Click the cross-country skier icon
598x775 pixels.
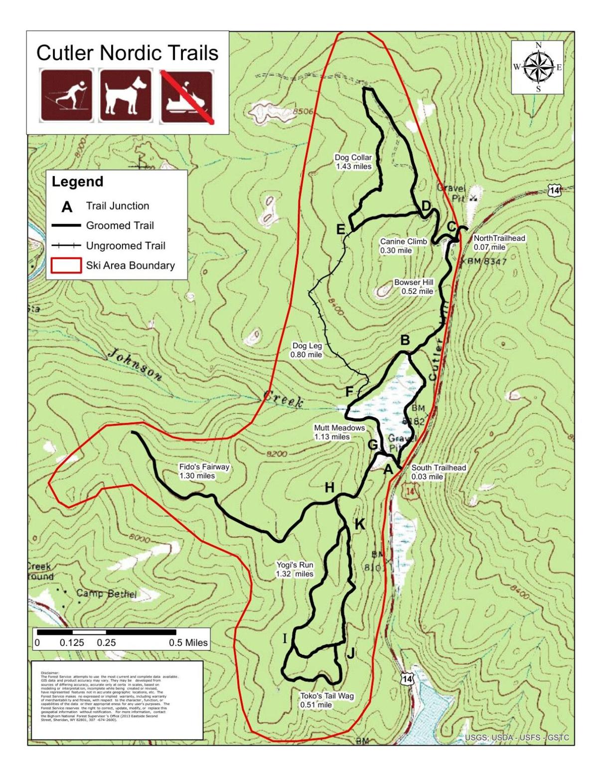point(66,96)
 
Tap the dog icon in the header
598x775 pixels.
point(125,96)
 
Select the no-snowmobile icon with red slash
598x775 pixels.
point(186,96)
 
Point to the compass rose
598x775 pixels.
point(538,67)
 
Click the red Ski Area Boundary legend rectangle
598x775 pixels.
point(66,265)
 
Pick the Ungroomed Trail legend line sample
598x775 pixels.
point(66,245)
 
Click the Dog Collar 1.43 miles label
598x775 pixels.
point(353,162)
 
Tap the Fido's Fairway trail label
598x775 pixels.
point(204,471)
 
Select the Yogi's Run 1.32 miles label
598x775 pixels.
point(295,569)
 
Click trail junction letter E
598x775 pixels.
point(341,229)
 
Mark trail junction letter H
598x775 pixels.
point(329,488)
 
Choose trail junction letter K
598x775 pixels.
point(359,524)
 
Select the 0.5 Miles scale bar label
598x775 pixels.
point(188,643)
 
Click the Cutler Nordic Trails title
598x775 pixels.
point(128,52)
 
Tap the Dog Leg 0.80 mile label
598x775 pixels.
point(306,350)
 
